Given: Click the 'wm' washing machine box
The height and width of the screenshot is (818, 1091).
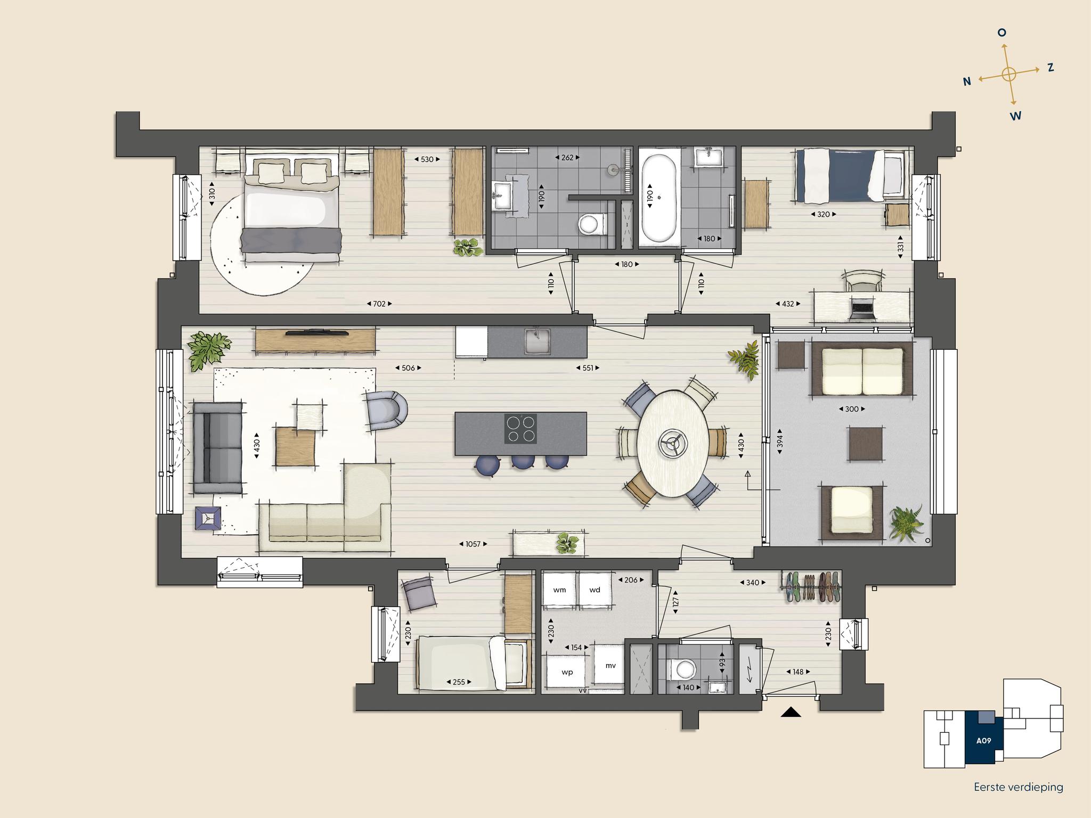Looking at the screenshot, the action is (x=559, y=590).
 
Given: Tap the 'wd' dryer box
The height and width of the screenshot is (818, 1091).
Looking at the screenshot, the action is (x=595, y=590).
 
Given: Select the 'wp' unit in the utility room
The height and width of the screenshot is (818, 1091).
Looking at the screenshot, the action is (x=567, y=672).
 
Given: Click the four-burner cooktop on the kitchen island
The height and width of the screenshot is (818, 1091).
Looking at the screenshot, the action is (x=520, y=429).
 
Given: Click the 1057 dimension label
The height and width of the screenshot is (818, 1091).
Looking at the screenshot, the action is (x=473, y=544).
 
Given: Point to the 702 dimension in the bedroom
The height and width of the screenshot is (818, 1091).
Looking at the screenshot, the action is (x=379, y=304).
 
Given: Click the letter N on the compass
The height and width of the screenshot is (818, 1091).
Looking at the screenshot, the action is (x=967, y=81).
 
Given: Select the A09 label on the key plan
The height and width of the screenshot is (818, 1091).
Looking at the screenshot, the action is (x=983, y=740).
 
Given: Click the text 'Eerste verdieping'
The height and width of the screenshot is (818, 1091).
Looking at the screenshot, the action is (x=1018, y=787).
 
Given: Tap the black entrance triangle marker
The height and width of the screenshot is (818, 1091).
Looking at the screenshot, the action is (x=791, y=712).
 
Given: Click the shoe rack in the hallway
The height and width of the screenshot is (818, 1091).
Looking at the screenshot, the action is (x=812, y=587).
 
